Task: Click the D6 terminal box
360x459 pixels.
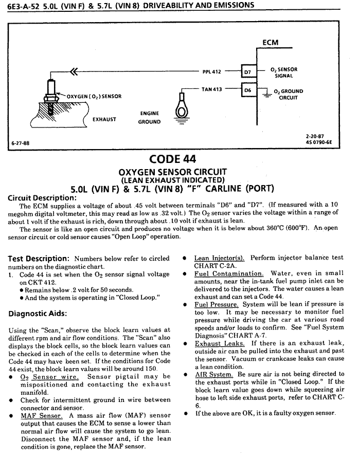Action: pos(247,90)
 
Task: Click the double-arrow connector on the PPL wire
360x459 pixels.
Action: pos(73,71)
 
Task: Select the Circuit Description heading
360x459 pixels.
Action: pos(42,197)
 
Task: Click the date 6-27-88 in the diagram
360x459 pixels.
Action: pos(21,142)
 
